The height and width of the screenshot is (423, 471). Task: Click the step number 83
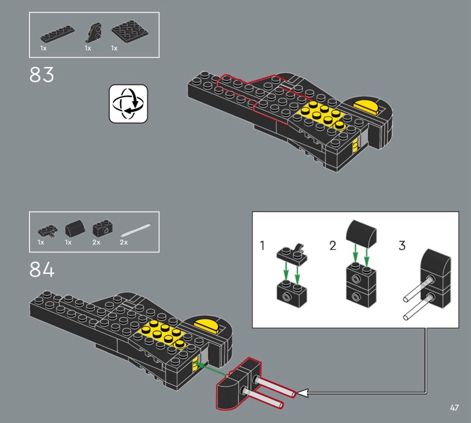(x=42, y=75)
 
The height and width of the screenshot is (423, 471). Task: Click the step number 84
(x=42, y=269)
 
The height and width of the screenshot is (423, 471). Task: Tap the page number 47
(x=454, y=408)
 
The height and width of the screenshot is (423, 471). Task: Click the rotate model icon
(x=128, y=104)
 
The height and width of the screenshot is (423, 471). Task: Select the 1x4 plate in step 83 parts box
(x=57, y=35)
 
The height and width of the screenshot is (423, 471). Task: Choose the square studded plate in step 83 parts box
(x=130, y=32)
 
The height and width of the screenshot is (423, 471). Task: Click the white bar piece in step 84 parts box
(x=135, y=230)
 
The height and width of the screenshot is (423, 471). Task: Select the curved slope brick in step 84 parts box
(x=75, y=229)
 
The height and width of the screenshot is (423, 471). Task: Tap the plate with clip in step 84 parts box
(x=48, y=231)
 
